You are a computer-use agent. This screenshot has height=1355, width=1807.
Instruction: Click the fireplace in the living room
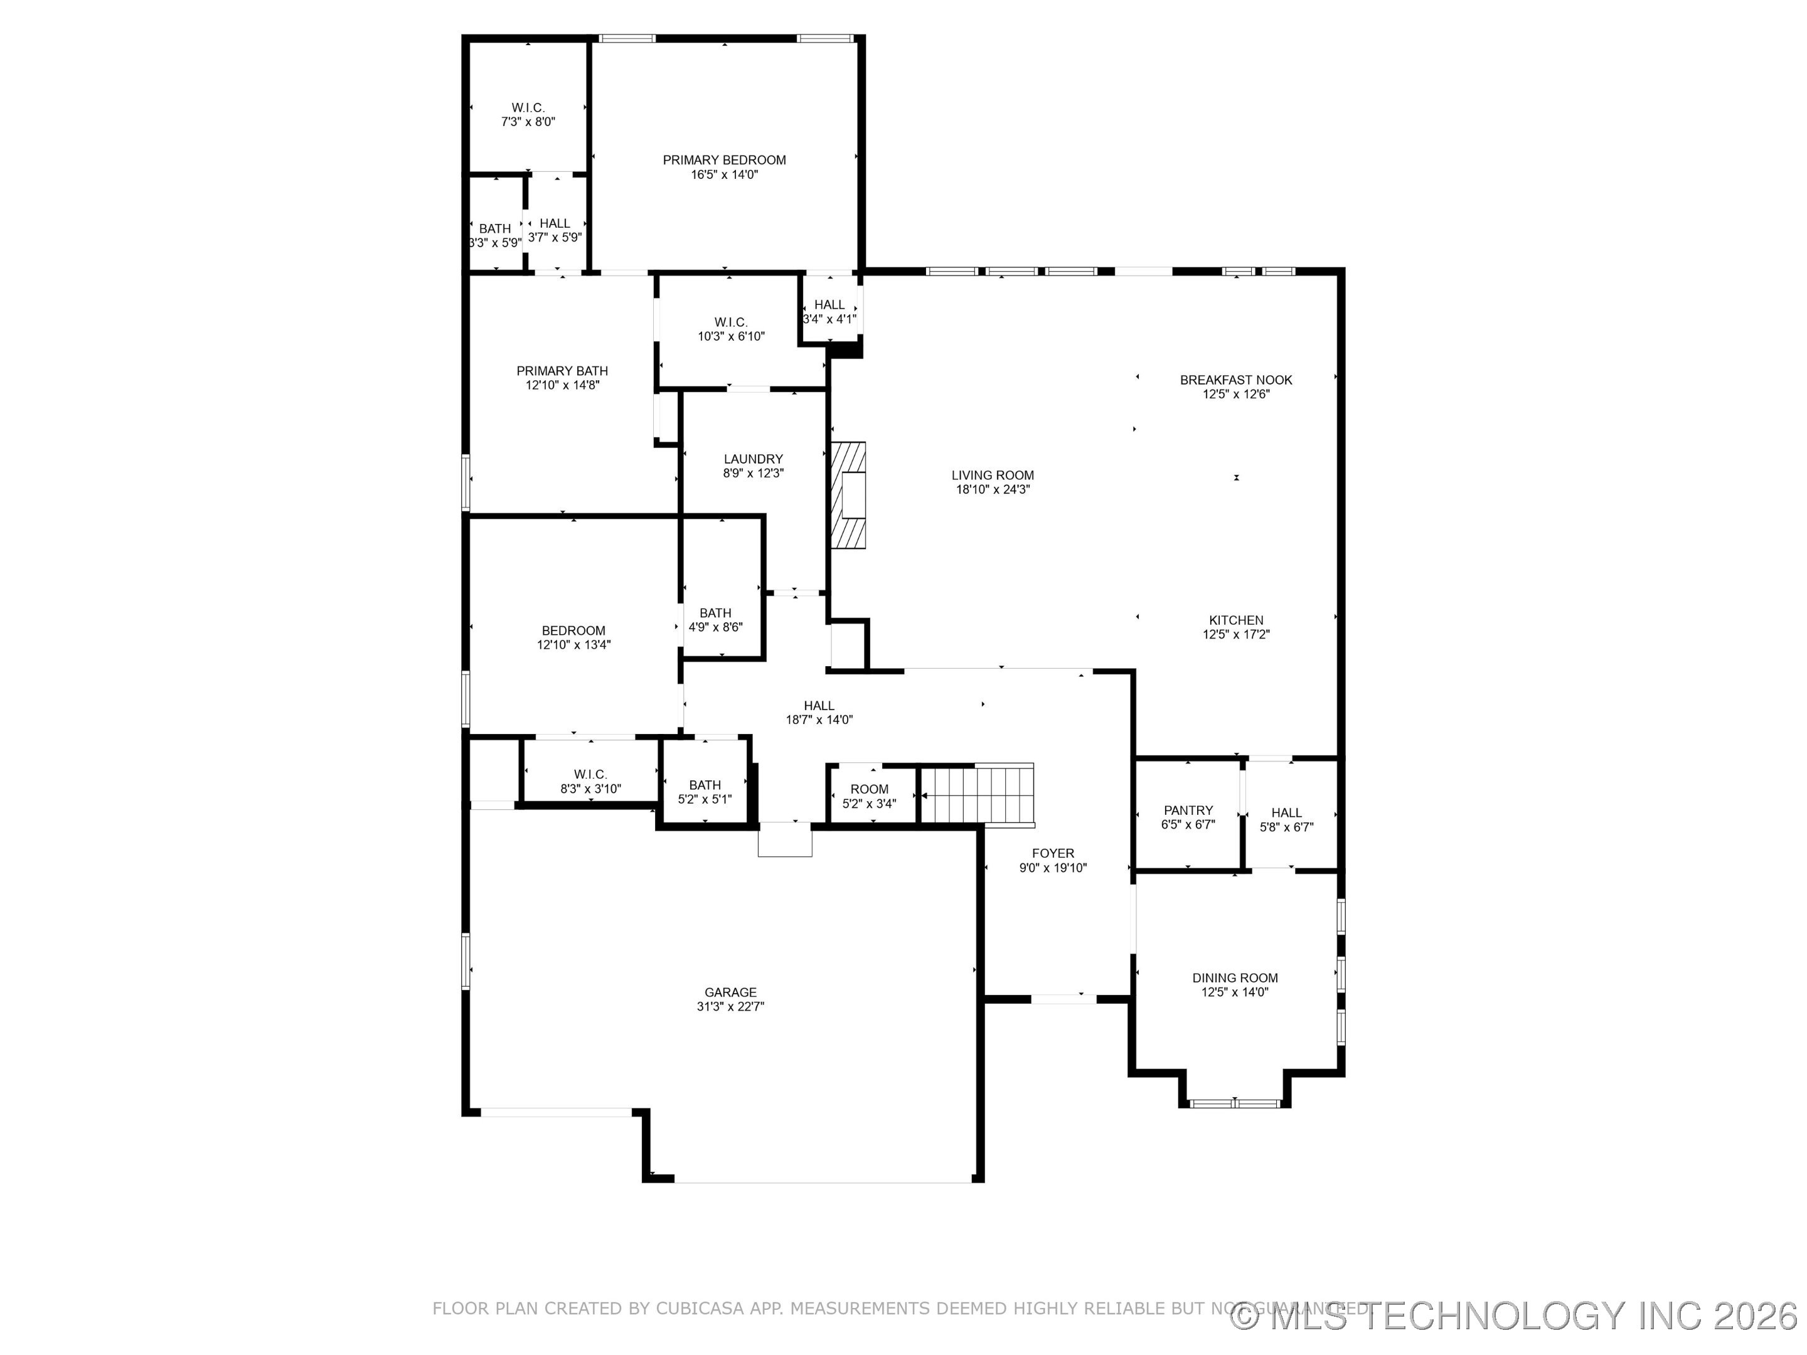click(x=850, y=495)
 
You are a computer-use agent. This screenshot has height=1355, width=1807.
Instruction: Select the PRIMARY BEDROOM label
click(x=724, y=160)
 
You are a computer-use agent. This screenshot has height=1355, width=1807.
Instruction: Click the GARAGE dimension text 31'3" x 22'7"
click(x=730, y=1006)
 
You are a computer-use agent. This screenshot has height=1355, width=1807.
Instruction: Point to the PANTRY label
click(x=1188, y=810)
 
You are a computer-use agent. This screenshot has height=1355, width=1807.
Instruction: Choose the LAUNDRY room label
click(x=752, y=459)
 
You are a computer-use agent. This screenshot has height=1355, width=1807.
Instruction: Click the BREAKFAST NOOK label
click(x=1235, y=380)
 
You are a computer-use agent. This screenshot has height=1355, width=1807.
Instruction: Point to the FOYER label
click(x=1052, y=854)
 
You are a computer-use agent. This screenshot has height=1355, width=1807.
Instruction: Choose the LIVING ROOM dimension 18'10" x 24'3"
click(x=993, y=489)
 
